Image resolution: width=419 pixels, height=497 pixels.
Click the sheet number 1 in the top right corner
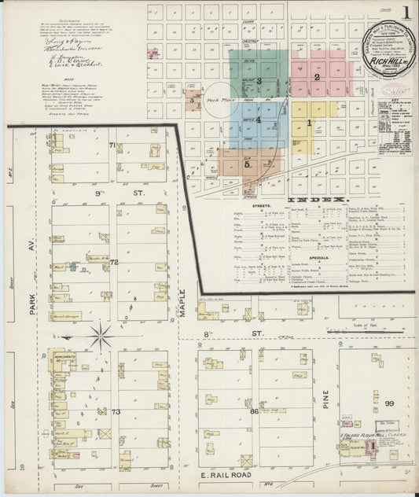[406, 13]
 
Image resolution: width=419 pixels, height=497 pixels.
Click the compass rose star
[101, 337]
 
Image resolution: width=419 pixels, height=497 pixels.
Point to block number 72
[114, 261]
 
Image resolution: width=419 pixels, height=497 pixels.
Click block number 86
[254, 410]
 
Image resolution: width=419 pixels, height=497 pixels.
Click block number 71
[112, 145]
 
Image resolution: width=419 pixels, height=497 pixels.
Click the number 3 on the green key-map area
[259, 80]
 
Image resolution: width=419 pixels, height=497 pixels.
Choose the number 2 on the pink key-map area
[316, 77]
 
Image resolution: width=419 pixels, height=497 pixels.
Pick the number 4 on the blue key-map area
[258, 120]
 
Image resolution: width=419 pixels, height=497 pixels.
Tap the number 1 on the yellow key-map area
[309, 122]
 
